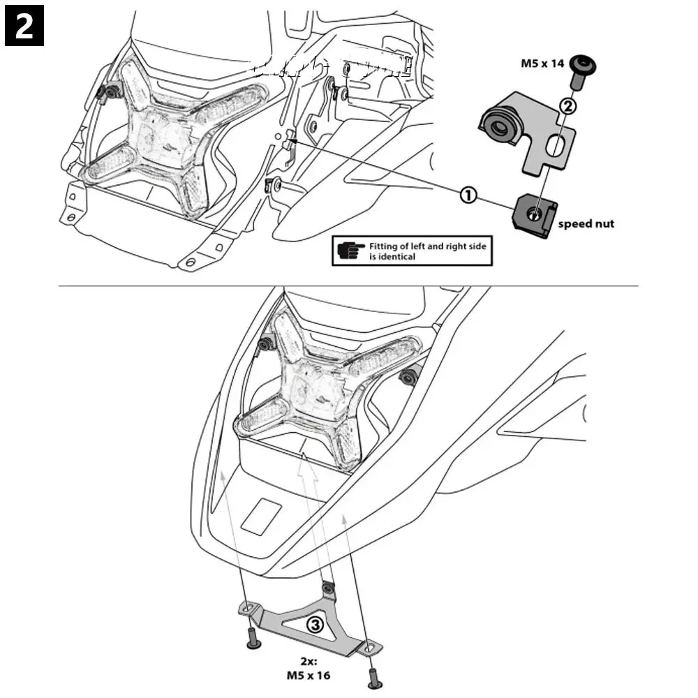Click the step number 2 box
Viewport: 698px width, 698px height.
(24, 25)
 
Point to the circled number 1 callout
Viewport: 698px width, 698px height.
(468, 195)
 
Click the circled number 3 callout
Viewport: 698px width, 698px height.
(315, 625)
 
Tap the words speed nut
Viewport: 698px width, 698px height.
(586, 224)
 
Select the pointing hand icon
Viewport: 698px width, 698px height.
(350, 251)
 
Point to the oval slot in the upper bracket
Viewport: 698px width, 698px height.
(556, 145)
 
